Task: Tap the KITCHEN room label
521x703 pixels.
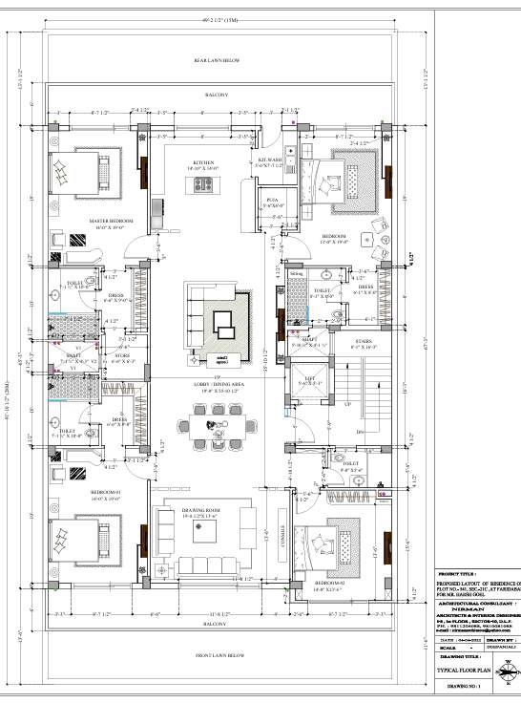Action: pos(204,164)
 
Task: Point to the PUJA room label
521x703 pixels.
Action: pos(271,202)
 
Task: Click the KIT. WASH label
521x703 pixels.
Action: pos(269,161)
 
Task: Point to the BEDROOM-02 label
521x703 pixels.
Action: pos(330,581)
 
